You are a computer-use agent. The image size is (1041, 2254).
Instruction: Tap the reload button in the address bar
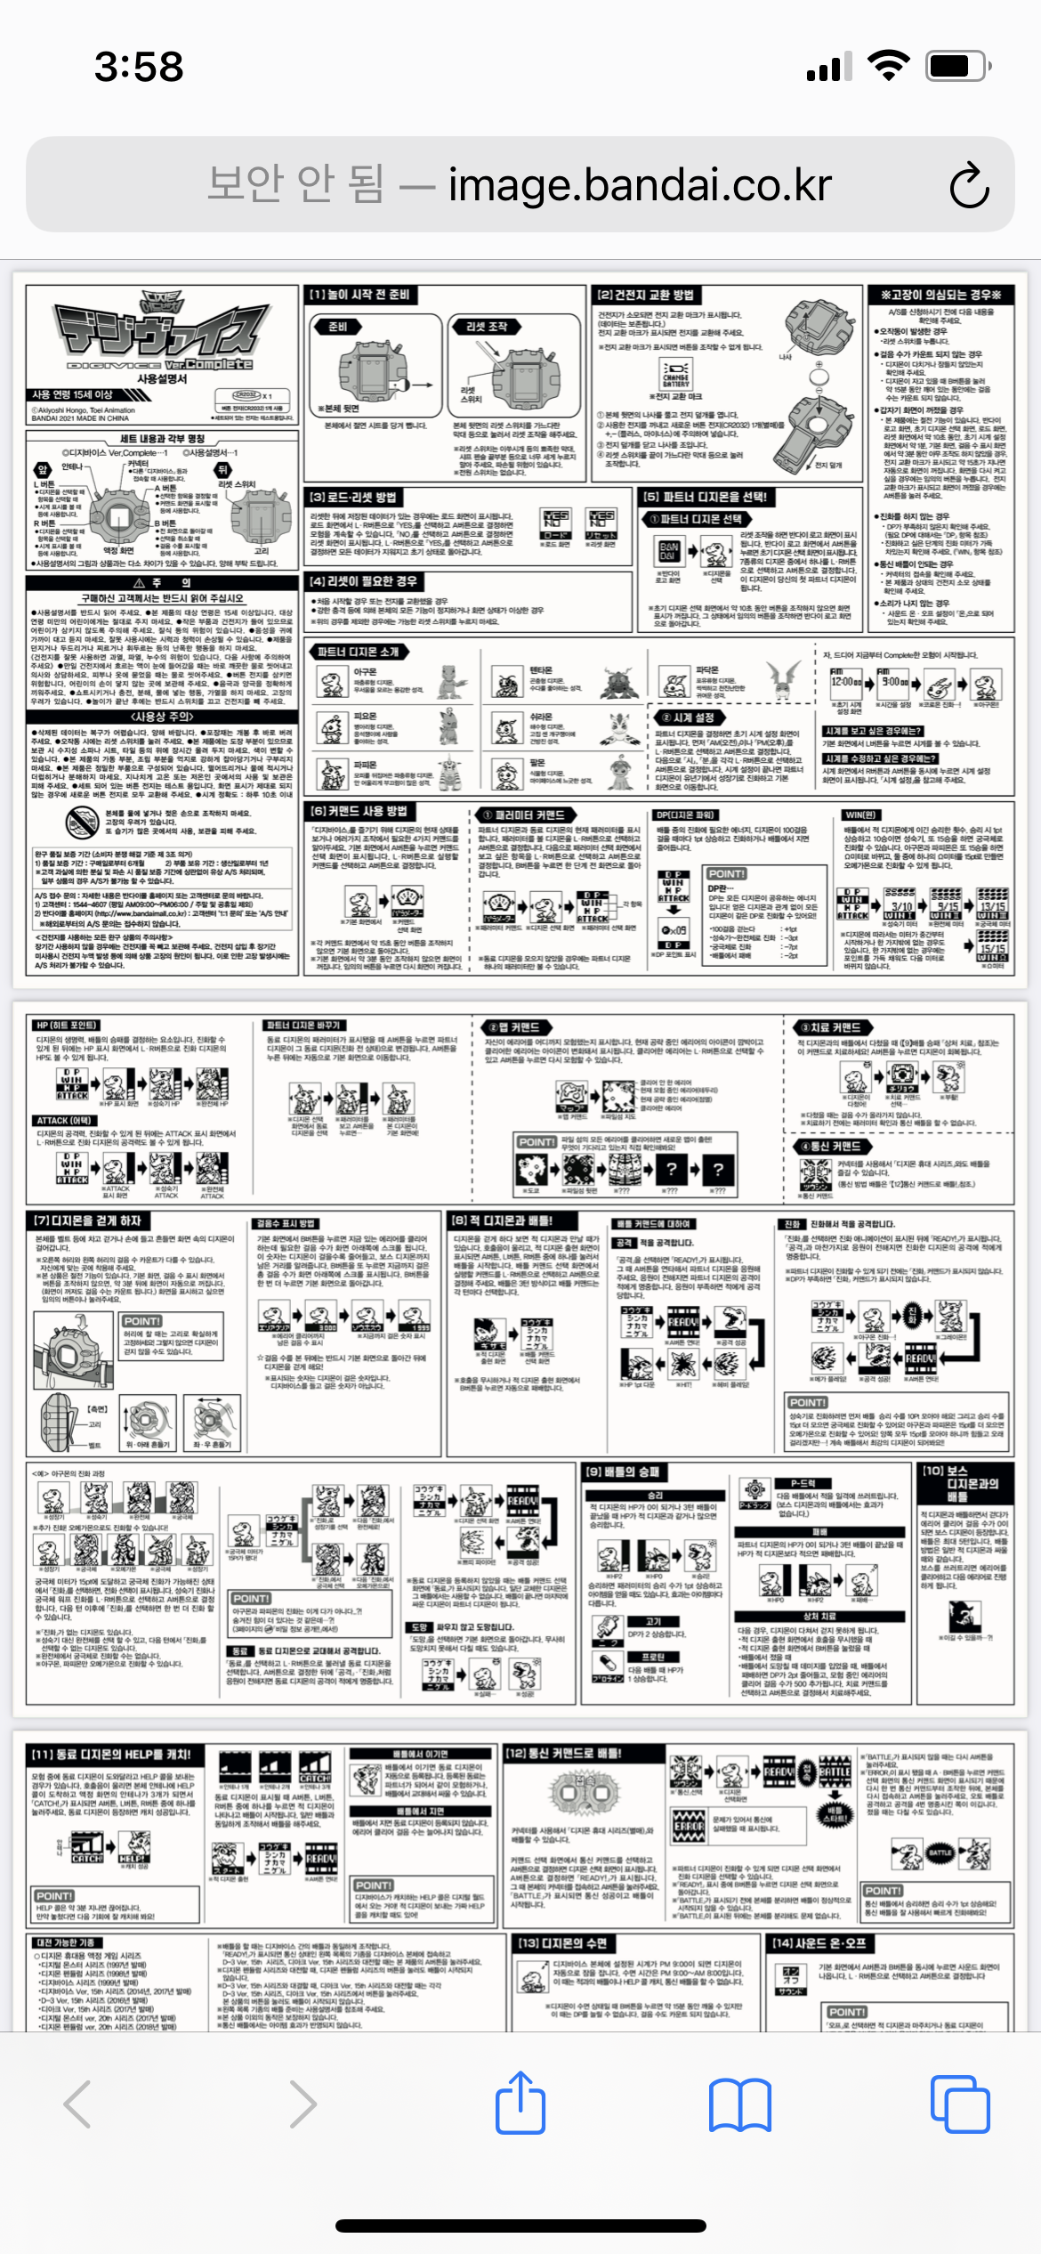(969, 186)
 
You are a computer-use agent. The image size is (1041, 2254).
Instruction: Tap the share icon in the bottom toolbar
(520, 2104)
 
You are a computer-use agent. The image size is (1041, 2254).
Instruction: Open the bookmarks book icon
(740, 2104)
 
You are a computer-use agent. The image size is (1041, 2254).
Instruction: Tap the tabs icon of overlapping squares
(959, 2104)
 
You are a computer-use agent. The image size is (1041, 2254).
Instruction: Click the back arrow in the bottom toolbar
(78, 2104)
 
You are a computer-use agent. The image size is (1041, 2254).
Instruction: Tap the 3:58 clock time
(139, 67)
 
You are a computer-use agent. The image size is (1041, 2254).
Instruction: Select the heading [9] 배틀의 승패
(622, 1472)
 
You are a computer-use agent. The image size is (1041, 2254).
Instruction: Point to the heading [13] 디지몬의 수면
(562, 1942)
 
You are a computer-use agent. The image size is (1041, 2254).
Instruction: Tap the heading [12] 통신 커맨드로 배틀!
(563, 1753)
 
